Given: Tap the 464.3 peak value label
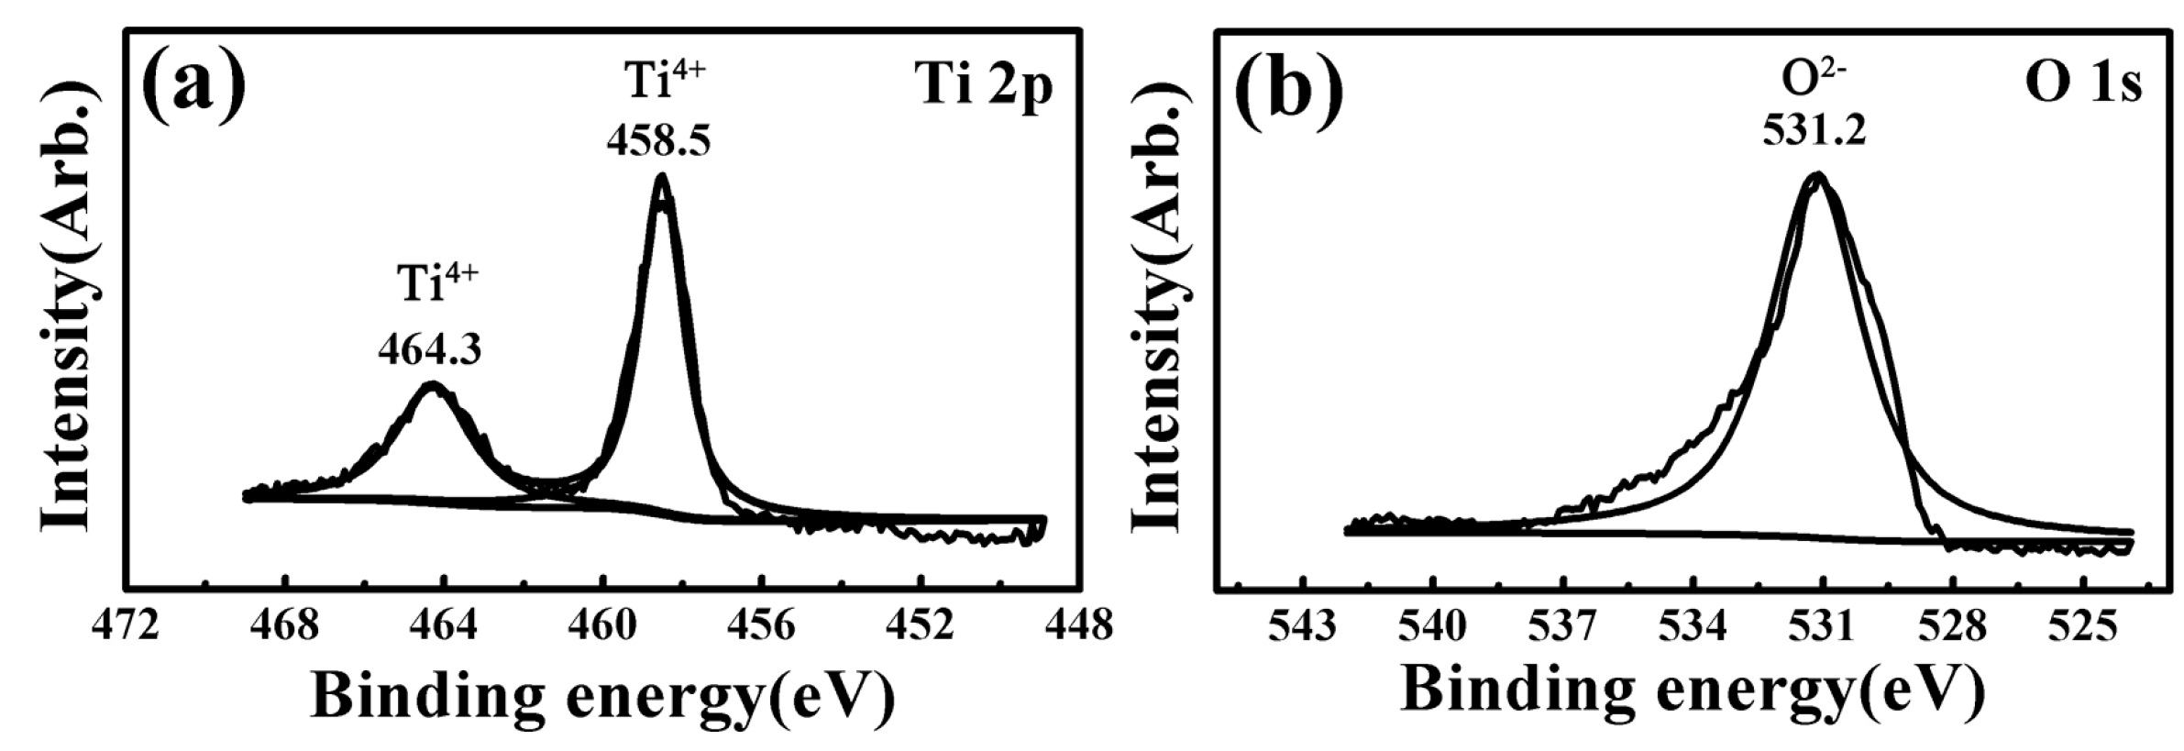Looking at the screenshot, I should click(x=430, y=349).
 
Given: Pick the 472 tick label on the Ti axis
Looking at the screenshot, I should click(x=125, y=627).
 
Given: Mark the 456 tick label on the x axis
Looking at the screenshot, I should click(x=762, y=627).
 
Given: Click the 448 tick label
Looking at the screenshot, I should click(x=1080, y=627).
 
